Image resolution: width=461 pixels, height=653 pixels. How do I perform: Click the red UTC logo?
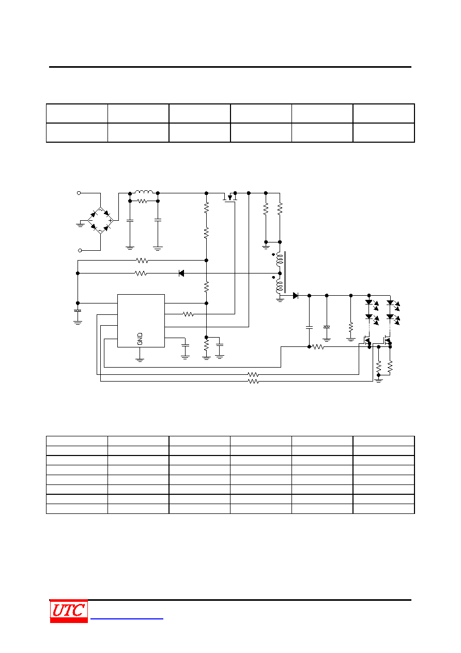point(69,611)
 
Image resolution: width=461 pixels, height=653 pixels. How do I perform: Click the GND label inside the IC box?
point(140,339)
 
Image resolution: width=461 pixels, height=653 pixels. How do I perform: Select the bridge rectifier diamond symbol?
point(101,220)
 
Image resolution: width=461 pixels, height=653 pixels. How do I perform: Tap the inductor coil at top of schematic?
point(144,192)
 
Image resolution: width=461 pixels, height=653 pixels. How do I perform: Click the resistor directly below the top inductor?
point(142,201)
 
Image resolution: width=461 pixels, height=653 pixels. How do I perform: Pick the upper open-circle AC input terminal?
point(79,193)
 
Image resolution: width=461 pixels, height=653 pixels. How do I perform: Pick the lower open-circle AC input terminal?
point(80,250)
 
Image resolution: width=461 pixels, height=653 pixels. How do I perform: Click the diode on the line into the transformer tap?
point(181,273)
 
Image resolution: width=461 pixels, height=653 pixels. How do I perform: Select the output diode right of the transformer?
point(295,296)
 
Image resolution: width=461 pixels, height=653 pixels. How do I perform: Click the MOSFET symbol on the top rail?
point(230,198)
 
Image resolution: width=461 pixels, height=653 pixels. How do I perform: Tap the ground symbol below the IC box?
point(140,360)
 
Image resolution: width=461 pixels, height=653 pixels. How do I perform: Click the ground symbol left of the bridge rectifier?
point(80,224)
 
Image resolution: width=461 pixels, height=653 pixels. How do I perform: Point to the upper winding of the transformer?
point(280,260)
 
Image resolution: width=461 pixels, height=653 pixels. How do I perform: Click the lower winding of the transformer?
point(280,286)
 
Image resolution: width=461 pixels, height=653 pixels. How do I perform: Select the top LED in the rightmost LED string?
point(390,302)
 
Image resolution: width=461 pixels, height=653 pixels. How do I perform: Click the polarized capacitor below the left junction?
point(78,311)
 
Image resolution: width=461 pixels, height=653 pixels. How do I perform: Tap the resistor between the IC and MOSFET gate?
point(188,314)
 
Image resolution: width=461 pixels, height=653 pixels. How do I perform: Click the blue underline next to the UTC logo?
point(127,618)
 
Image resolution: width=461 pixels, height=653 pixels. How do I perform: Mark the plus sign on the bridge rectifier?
point(110,221)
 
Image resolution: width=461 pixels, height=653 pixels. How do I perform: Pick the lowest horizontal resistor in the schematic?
point(253,382)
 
